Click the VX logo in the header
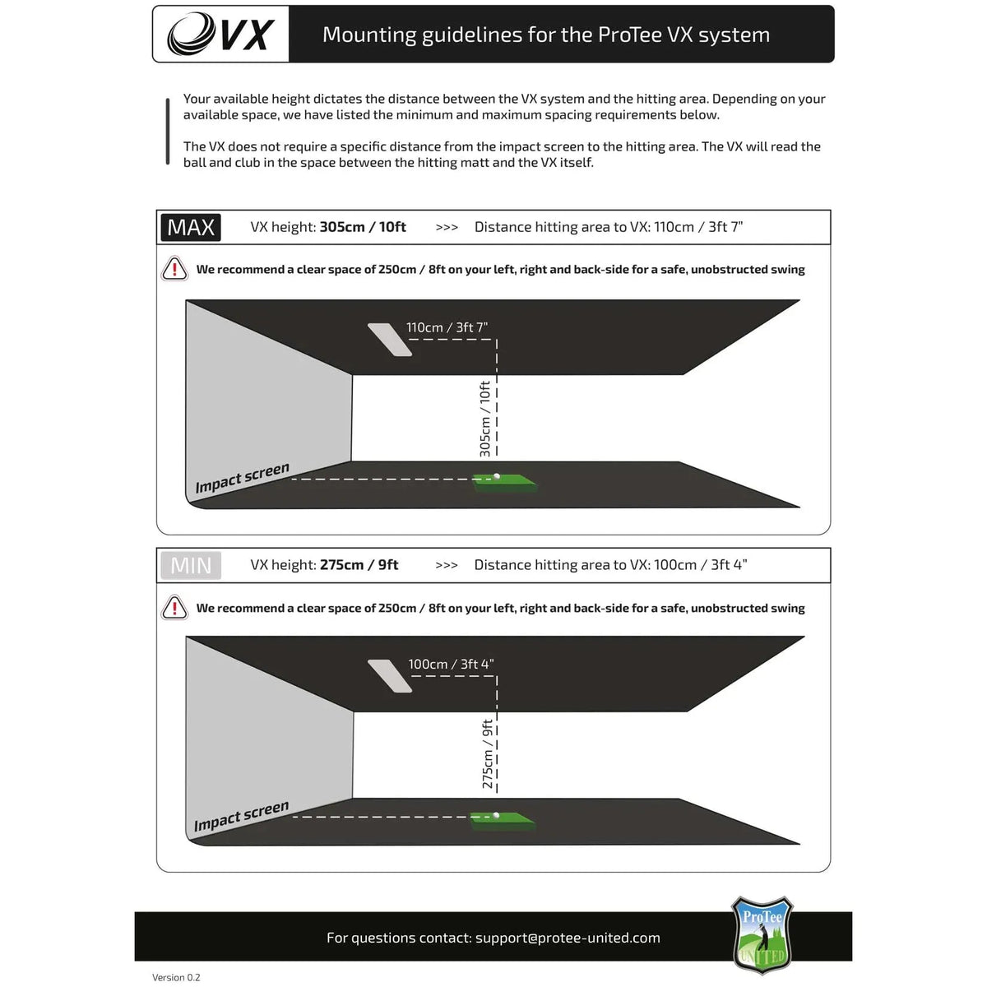coord(220,35)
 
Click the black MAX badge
coord(191,227)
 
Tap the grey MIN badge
coord(191,566)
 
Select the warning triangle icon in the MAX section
coord(174,269)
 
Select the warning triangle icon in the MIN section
coord(174,608)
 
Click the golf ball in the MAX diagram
coord(497,476)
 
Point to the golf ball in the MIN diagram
coord(497,816)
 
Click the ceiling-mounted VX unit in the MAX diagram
coord(390,339)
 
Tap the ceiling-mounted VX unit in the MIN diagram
coord(390,676)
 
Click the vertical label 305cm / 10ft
coord(485,419)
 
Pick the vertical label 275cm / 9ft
coord(488,754)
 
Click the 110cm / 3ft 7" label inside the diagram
coord(447,327)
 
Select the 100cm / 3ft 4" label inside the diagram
coord(451,665)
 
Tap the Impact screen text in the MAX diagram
coord(242,478)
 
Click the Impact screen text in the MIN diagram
coord(241,816)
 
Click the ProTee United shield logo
coord(762,934)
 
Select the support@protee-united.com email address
coord(568,938)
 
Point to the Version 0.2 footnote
coord(176,977)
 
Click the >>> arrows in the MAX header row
coord(447,228)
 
